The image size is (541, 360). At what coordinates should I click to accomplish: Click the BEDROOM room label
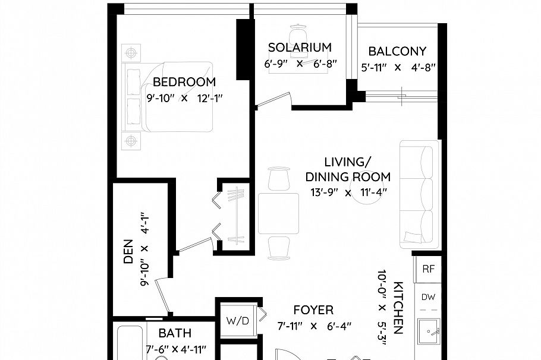click(184, 82)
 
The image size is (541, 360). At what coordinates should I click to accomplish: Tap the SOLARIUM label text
click(299, 48)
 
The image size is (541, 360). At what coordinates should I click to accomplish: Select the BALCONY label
click(397, 52)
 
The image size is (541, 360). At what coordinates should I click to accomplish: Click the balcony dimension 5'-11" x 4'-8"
click(399, 67)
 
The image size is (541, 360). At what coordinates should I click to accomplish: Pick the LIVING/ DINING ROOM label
click(348, 169)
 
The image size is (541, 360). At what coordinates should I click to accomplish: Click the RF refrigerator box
click(428, 269)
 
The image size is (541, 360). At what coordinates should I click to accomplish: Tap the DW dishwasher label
click(428, 297)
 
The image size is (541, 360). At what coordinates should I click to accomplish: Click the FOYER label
click(313, 310)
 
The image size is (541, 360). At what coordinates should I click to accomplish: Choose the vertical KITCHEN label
click(398, 308)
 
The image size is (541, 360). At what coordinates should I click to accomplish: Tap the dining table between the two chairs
click(278, 213)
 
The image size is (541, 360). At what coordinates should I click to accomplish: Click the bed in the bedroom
click(168, 97)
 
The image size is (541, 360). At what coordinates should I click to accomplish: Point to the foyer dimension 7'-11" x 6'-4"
click(314, 326)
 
